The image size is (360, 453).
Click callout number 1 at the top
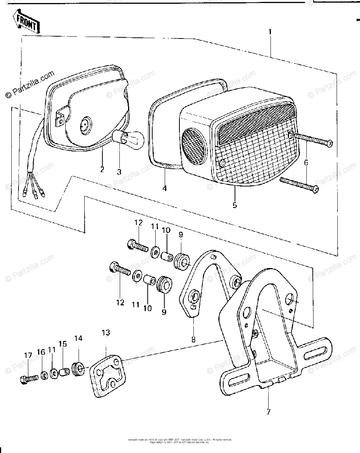[270, 32]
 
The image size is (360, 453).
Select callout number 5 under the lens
[234, 205]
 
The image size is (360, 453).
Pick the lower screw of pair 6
[299, 185]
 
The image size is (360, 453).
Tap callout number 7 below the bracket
[268, 412]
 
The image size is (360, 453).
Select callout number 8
[193, 339]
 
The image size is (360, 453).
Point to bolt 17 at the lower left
[27, 377]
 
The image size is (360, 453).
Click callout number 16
[41, 352]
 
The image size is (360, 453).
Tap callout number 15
[62, 345]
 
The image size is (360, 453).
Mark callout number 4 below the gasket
[165, 188]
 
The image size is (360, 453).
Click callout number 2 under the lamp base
[102, 169]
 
